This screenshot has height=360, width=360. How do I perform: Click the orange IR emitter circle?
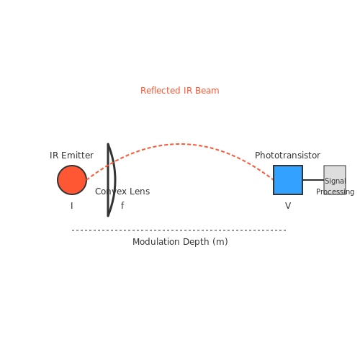coord(72,180)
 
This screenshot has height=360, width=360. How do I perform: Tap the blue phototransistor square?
coord(288,180)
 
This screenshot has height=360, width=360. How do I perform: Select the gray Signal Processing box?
coord(335,180)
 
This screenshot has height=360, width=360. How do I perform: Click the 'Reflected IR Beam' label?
coord(180,91)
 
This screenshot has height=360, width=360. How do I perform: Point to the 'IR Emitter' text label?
coord(71,156)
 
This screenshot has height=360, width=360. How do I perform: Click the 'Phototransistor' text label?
coord(287,156)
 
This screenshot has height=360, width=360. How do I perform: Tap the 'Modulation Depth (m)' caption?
coord(180,242)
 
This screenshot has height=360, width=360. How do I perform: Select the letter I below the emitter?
coord(72,206)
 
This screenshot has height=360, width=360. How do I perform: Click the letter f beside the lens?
coord(122,205)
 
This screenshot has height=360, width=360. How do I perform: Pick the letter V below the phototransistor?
coord(288,206)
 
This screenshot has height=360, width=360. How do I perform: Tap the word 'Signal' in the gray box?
coord(336,181)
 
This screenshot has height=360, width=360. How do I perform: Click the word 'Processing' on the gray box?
coord(335,192)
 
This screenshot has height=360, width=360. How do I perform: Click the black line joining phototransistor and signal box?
coord(313,180)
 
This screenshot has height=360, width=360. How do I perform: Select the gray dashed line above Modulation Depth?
coord(179,230)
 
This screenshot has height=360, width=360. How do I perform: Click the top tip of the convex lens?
coord(108,144)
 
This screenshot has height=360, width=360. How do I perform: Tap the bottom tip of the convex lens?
coord(108,216)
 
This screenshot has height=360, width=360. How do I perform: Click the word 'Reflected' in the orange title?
coord(161,91)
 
